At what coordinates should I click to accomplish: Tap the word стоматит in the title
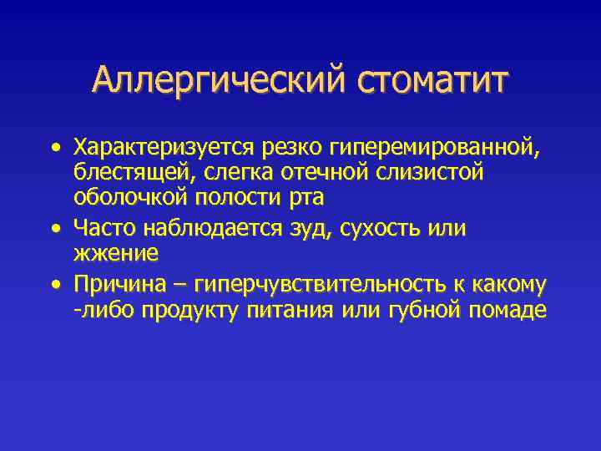click(432, 81)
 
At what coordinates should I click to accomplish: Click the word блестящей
click(126, 173)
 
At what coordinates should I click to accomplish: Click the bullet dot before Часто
click(55, 226)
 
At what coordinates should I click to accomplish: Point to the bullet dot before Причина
click(55, 285)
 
